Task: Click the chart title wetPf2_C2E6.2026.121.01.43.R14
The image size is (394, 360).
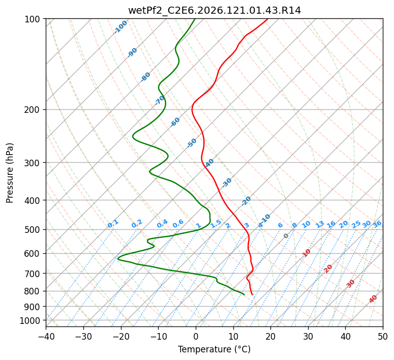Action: click(215, 11)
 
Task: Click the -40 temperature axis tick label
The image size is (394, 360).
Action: click(46, 336)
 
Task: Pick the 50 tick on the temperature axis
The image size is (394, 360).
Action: click(383, 336)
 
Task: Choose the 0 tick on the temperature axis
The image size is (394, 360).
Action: click(196, 336)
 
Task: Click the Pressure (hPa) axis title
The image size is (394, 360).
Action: click(10, 173)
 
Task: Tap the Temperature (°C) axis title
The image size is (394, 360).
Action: click(215, 349)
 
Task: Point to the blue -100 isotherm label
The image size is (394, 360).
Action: click(120, 27)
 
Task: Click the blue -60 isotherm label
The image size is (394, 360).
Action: click(175, 122)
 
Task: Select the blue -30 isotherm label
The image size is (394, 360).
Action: click(226, 183)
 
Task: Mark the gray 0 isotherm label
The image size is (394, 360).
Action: click(286, 236)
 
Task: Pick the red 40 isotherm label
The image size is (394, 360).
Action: click(373, 299)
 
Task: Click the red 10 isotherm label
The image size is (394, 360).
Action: click(307, 253)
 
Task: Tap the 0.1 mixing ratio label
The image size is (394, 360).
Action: click(113, 224)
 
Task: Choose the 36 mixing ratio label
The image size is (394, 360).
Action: click(377, 224)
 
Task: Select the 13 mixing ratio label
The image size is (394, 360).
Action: click(320, 224)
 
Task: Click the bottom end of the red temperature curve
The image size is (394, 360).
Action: click(252, 294)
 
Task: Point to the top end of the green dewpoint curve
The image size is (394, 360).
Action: click(195, 19)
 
